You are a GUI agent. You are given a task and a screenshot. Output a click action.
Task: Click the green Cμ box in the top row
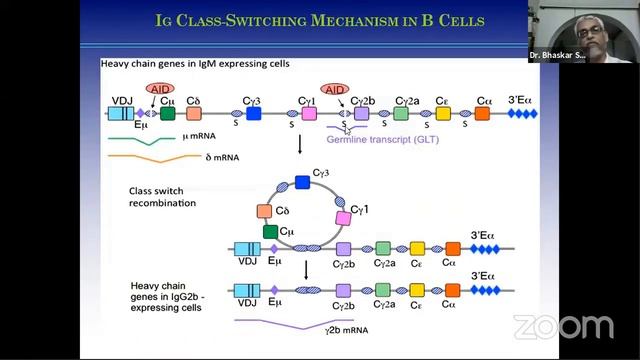tap(168, 115)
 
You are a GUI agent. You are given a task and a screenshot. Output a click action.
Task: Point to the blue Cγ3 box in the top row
tap(254, 115)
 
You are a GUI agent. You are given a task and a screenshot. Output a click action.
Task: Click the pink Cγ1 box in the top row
tap(310, 115)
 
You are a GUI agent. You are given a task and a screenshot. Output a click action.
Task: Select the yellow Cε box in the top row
tap(443, 115)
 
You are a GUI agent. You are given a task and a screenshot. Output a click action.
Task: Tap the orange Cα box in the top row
tap(482, 115)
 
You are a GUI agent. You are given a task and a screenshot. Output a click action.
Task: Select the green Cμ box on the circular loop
tap(270, 231)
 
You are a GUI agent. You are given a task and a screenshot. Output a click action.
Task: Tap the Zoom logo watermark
tap(563, 326)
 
